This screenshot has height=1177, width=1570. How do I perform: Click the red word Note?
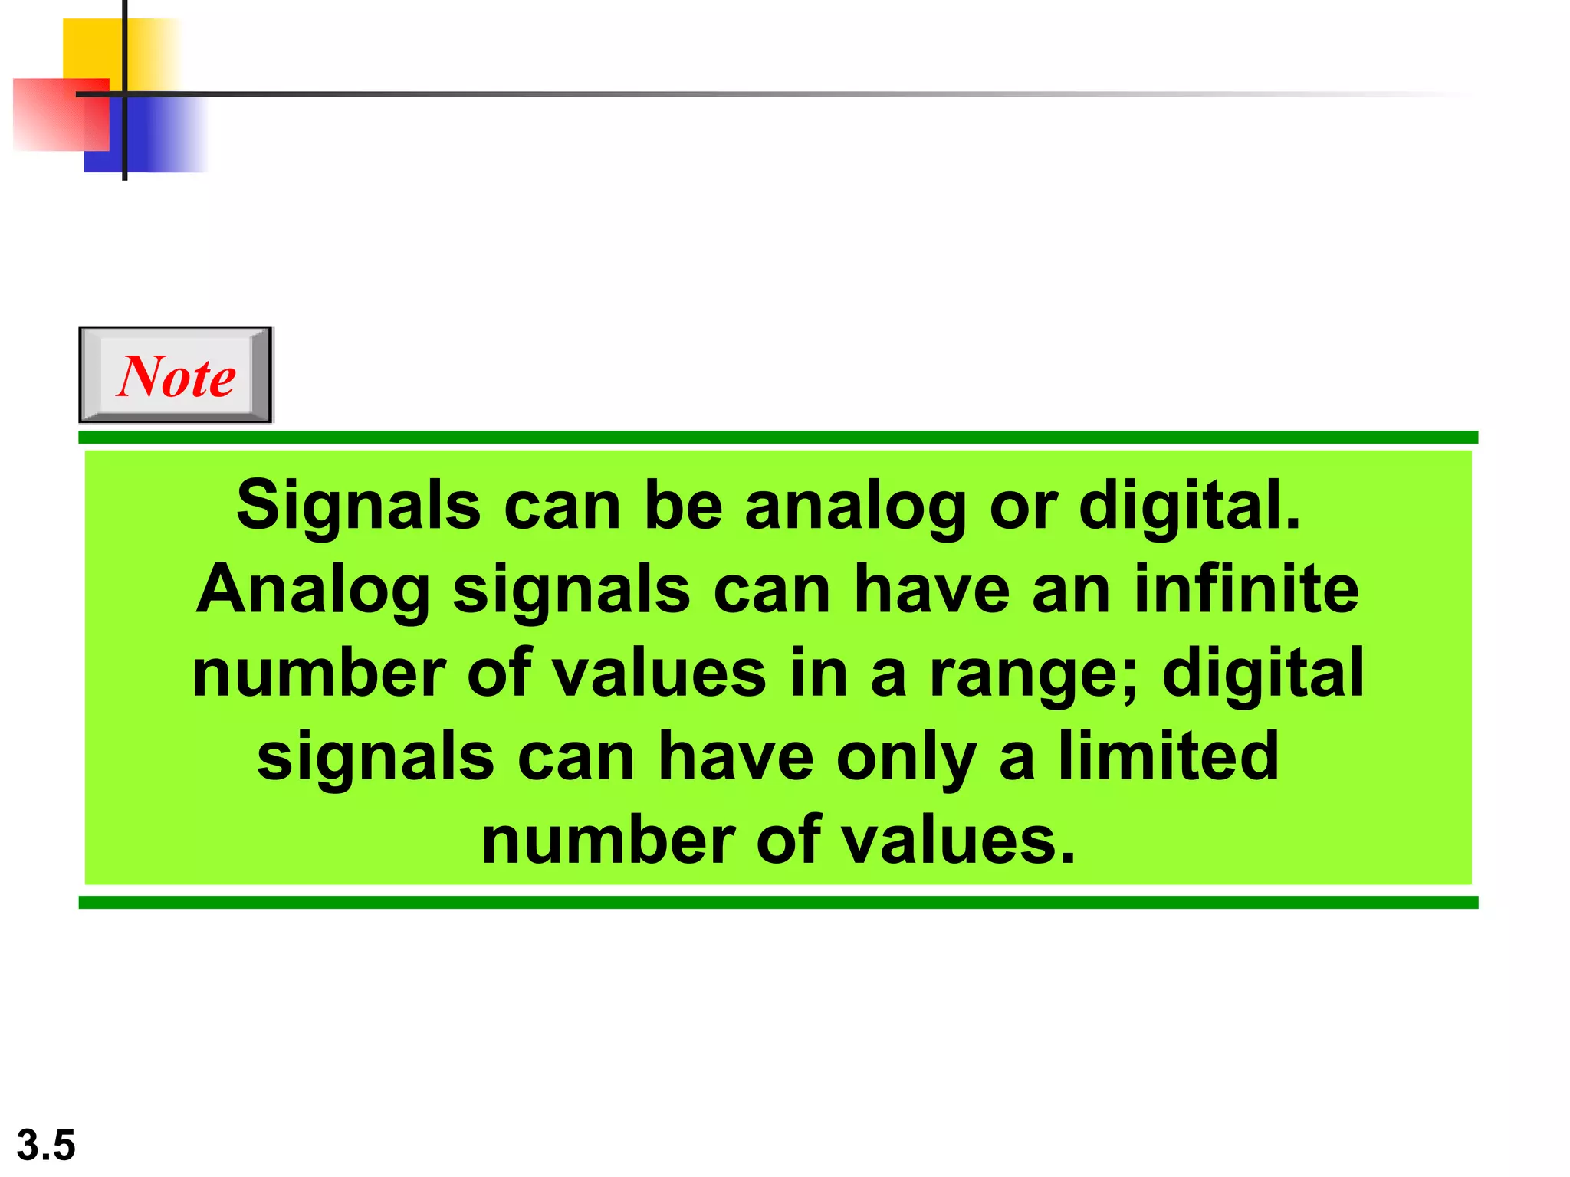click(x=176, y=376)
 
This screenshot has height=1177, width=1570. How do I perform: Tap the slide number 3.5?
click(x=46, y=1145)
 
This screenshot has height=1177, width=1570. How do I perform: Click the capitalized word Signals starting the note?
click(x=358, y=506)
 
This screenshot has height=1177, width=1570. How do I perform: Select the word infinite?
click(x=1246, y=589)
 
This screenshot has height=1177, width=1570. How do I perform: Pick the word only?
click(x=906, y=758)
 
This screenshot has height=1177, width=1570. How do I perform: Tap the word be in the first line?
click(x=684, y=506)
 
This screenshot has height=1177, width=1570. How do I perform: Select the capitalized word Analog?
click(x=313, y=591)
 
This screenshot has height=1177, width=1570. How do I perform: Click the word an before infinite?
click(x=1071, y=591)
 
